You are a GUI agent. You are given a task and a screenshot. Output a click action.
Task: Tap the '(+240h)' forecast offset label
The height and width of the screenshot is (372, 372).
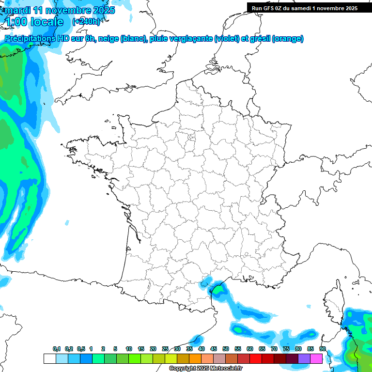click(86, 21)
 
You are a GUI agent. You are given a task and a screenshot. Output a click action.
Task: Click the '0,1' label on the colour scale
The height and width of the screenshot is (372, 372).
click(57, 349)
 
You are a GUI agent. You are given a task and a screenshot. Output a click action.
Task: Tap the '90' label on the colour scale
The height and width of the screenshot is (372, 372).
click(323, 349)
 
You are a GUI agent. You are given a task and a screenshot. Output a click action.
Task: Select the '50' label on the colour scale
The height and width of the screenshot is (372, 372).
click(226, 349)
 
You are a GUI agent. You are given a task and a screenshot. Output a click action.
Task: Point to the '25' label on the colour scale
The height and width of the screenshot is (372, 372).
click(165, 349)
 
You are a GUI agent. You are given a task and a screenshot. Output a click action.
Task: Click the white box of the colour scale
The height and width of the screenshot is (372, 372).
click(49, 358)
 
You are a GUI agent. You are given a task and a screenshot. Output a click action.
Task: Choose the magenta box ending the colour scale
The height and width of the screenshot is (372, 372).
click(316, 358)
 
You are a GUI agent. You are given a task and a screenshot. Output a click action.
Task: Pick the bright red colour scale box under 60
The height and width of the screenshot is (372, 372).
click(256, 358)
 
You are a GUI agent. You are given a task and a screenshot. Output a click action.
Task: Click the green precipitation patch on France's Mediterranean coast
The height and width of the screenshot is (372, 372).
click(219, 290)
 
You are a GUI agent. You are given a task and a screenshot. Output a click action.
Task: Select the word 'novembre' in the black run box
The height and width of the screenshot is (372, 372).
click(329, 8)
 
